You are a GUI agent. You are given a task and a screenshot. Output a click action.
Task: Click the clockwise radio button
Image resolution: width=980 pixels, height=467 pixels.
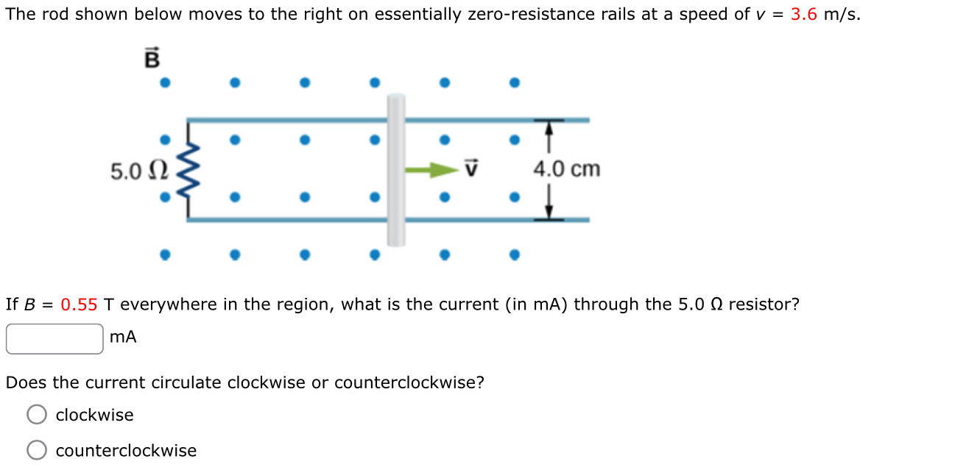point(38,415)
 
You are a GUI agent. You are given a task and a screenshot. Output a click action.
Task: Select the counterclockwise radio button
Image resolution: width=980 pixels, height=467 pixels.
point(38,450)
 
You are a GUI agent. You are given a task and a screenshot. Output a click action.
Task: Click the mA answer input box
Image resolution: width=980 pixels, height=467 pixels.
point(54,338)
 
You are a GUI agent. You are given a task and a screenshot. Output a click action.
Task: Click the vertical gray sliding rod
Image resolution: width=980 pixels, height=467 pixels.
point(396,169)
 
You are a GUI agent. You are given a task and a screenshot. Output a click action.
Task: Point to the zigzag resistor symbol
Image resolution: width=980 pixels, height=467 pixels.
point(188,170)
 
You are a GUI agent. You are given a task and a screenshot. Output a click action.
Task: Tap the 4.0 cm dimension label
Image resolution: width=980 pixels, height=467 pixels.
point(566,169)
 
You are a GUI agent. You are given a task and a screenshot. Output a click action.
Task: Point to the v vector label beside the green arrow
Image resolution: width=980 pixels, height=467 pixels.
point(472,169)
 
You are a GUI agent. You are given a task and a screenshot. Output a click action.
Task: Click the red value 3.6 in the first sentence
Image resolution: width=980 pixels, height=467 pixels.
point(804,15)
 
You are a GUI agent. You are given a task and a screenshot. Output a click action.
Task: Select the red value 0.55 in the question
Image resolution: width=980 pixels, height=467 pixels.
point(79,304)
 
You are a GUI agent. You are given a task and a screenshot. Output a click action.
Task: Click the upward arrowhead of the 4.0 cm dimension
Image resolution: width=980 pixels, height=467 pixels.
point(548,128)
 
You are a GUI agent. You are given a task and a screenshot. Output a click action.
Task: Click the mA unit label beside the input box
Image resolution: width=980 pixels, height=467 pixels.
point(123,338)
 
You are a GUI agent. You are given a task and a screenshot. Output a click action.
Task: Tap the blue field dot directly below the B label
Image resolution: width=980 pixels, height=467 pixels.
point(165,82)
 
